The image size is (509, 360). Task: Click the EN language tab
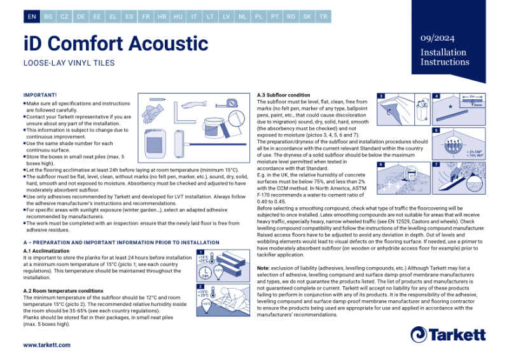(32, 17)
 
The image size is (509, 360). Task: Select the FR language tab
(146, 17)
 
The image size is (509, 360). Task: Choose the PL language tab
(258, 17)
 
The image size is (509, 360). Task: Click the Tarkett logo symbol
(418, 334)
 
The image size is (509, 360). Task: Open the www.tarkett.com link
(47, 345)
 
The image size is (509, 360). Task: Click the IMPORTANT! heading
(40, 95)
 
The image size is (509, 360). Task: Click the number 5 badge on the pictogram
(436, 130)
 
